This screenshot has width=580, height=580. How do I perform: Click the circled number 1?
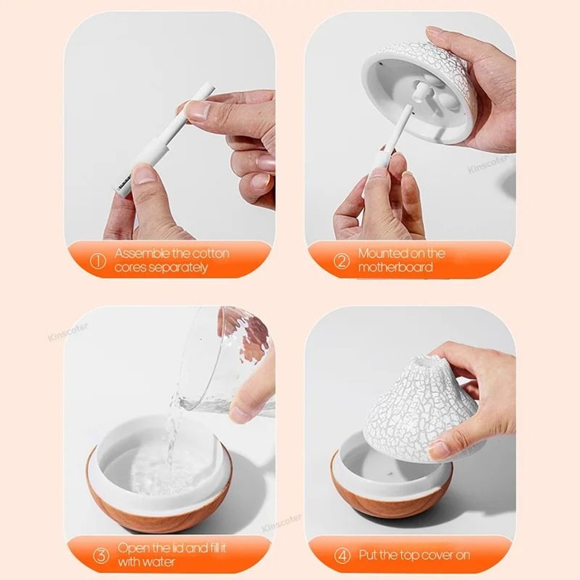[99, 261]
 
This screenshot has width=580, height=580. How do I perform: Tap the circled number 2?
[342, 261]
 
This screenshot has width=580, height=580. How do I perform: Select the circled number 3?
[101, 556]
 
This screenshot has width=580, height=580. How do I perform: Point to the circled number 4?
[342, 556]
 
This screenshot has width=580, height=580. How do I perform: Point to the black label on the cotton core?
[123, 187]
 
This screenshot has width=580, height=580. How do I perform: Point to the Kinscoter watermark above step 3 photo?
[68, 332]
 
